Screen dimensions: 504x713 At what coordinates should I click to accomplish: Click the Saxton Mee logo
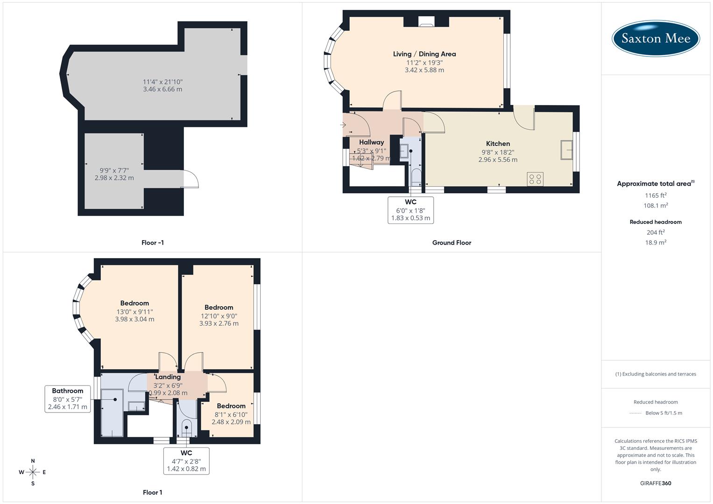coord(656,38)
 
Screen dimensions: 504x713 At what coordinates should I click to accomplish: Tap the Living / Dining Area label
coord(424,54)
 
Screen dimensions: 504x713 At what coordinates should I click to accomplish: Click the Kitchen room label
coord(498,144)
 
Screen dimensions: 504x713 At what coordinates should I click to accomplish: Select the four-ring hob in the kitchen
coord(535,179)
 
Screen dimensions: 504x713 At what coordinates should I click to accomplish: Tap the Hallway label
coord(371,142)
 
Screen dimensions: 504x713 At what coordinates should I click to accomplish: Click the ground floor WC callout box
coord(410,210)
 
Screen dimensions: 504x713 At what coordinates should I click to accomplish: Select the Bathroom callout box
coord(68,399)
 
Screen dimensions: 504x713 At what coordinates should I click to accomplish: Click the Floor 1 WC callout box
coord(186,461)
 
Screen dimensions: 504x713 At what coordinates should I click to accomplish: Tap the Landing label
coord(168,377)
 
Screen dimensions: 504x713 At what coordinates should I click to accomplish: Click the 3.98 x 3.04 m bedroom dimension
coord(134,319)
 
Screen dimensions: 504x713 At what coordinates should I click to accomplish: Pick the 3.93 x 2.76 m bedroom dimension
coord(219,323)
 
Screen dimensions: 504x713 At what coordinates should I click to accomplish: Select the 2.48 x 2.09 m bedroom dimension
coord(231,422)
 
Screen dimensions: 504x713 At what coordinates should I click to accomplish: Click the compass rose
coord(33,472)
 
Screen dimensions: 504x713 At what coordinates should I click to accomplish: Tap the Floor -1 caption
coord(153,243)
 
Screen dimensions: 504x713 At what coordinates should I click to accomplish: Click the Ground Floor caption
coord(452,243)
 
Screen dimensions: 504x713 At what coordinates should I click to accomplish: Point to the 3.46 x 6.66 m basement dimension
coord(162,89)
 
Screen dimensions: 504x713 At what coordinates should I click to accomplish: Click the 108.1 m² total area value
coord(656,205)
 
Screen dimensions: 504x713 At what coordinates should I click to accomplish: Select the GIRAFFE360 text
coord(656,483)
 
